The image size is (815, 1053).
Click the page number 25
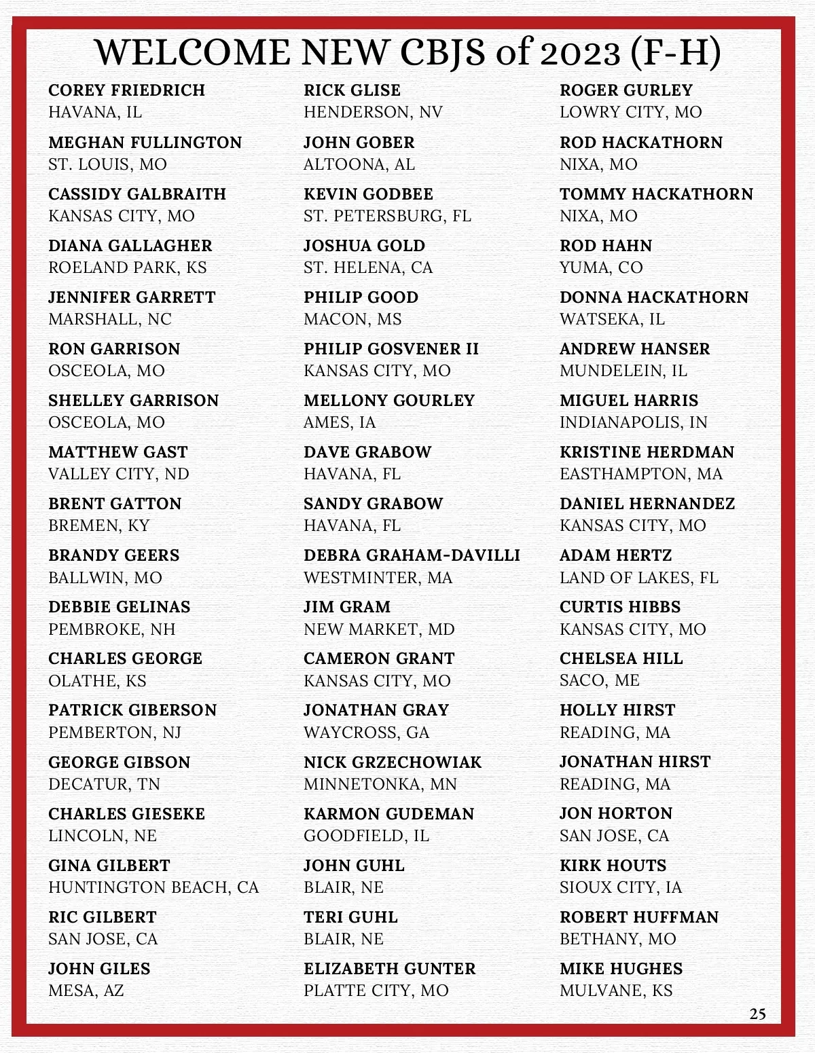click(757, 1014)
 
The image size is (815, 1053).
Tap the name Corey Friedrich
click(126, 90)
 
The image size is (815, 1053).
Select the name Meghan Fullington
click(145, 143)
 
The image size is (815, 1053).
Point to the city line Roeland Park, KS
click(127, 267)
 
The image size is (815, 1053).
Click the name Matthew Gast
click(117, 452)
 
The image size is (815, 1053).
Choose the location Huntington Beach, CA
click(153, 887)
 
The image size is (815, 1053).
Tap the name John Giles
click(99, 969)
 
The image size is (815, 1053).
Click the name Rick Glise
click(352, 90)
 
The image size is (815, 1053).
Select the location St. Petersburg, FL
click(387, 216)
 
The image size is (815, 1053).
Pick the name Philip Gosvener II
click(391, 349)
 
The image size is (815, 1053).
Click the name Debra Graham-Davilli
click(412, 555)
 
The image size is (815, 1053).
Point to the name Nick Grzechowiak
click(393, 762)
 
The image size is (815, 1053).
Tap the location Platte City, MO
click(376, 991)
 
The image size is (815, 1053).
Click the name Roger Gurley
click(626, 90)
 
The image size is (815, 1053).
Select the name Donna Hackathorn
click(654, 297)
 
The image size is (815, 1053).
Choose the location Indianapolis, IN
click(633, 422)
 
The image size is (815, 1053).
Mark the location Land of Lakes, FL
click(638, 578)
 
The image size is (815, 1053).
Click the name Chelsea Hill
click(621, 659)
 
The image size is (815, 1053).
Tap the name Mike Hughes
click(621, 969)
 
